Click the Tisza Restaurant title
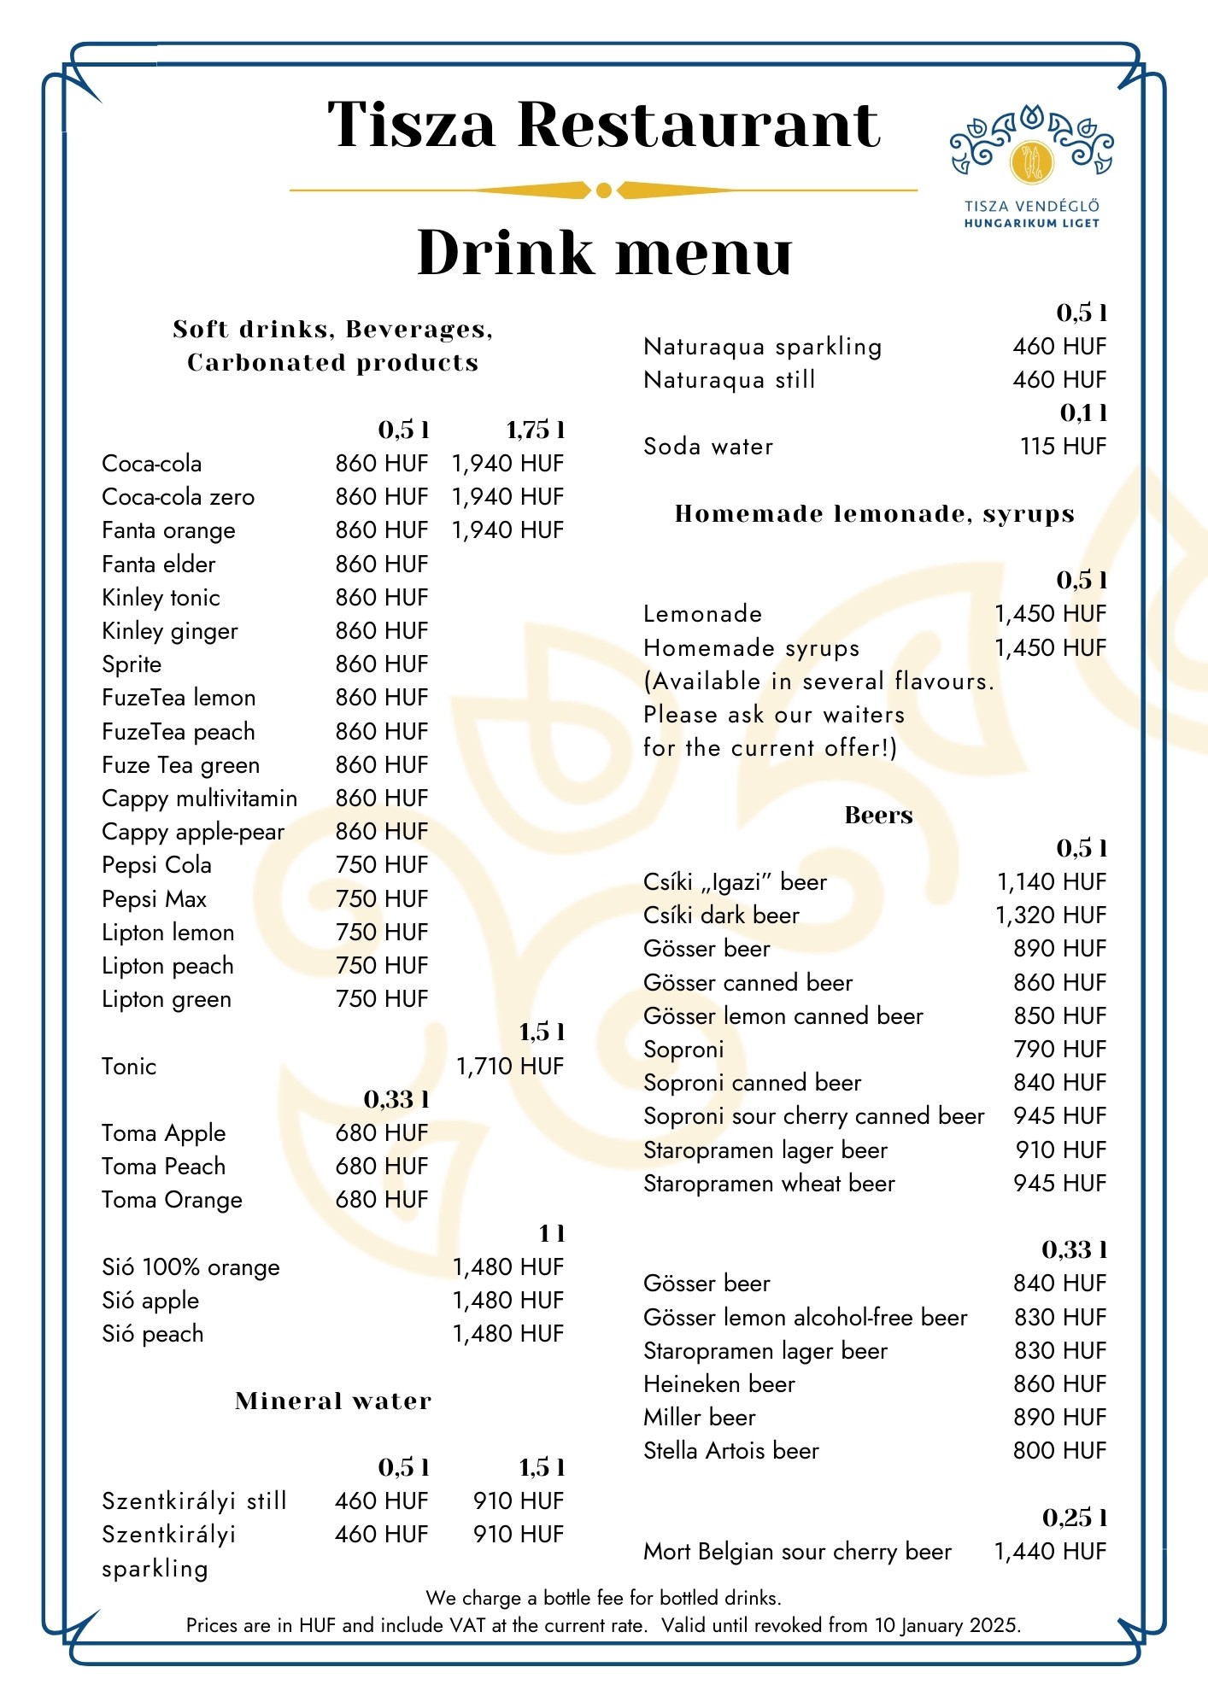(x=603, y=125)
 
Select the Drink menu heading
(x=604, y=253)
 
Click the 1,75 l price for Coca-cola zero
(x=507, y=497)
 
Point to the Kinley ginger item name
(x=169, y=631)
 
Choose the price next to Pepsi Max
(x=381, y=899)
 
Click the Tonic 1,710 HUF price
(x=509, y=1067)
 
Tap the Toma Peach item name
(x=163, y=1167)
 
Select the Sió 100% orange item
(x=191, y=1267)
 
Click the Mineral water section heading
(x=333, y=1401)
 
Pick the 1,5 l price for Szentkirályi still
(x=518, y=1501)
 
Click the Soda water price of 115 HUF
(x=1062, y=447)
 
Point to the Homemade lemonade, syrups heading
(x=874, y=514)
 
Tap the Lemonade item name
(x=702, y=614)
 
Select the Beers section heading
(x=878, y=816)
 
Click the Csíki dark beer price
(x=1050, y=915)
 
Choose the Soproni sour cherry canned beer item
(x=813, y=1116)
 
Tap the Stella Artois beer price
(x=1058, y=1451)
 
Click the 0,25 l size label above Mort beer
(x=1074, y=1518)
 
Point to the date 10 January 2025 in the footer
(x=946, y=1625)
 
